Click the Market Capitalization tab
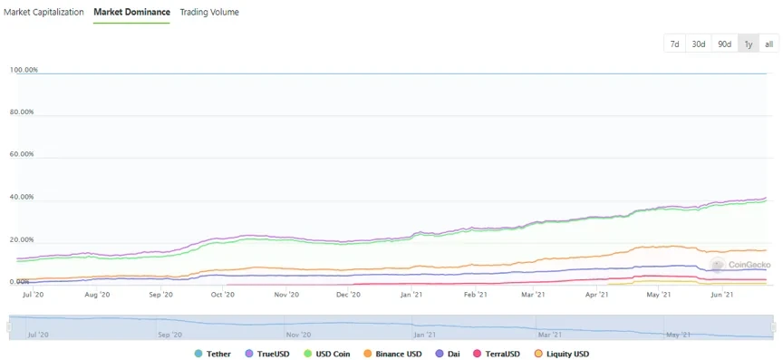[44, 12]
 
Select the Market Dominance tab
[131, 12]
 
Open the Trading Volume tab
[209, 12]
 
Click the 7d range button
[674, 44]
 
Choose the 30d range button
[699, 44]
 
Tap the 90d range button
[724, 44]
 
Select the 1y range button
[748, 44]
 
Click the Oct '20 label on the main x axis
[223, 295]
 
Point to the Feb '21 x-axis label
[475, 295]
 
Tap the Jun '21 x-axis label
[722, 295]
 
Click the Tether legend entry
[212, 353]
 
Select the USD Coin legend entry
[331, 353]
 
